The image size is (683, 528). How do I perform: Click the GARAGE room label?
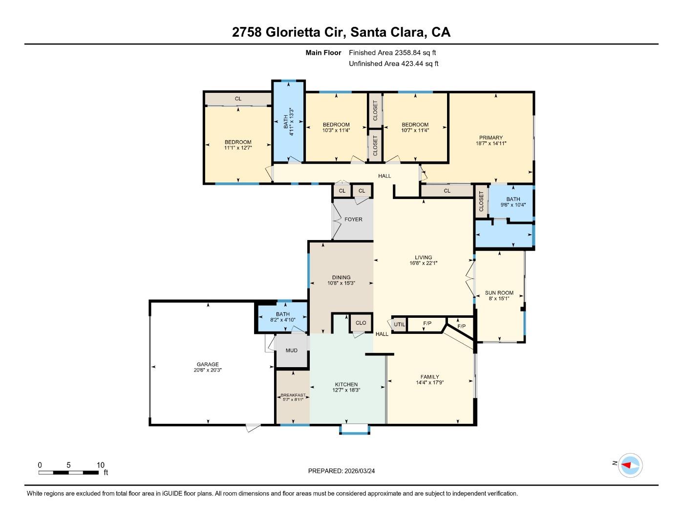(x=208, y=364)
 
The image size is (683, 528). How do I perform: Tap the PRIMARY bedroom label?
(x=491, y=138)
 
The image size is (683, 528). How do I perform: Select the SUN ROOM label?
(x=499, y=293)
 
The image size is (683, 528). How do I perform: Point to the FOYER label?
(x=353, y=220)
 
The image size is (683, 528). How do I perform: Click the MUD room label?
(x=292, y=351)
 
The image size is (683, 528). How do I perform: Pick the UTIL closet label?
(x=400, y=324)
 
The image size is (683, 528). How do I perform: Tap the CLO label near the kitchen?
(x=361, y=323)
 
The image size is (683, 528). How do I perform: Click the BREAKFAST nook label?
(x=293, y=395)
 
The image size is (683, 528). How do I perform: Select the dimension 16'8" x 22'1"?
(x=424, y=263)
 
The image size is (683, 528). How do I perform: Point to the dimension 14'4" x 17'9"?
(x=430, y=383)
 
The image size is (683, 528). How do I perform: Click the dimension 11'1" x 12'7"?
(x=238, y=148)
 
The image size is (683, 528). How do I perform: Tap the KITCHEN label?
(x=346, y=384)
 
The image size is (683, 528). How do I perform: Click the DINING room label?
(x=341, y=277)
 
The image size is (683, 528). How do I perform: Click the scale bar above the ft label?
(x=69, y=473)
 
